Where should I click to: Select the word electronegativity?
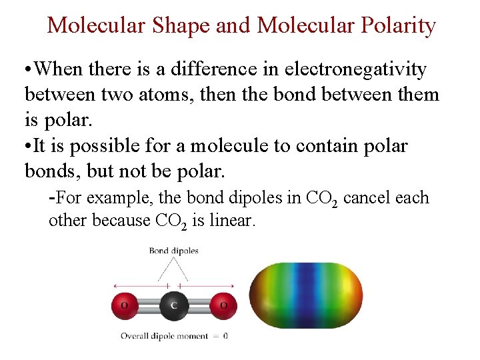357,69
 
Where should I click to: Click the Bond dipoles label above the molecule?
173,251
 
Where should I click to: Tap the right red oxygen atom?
223,305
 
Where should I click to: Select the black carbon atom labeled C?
174,305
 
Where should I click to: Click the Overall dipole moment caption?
164,336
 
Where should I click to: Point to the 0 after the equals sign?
225,336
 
